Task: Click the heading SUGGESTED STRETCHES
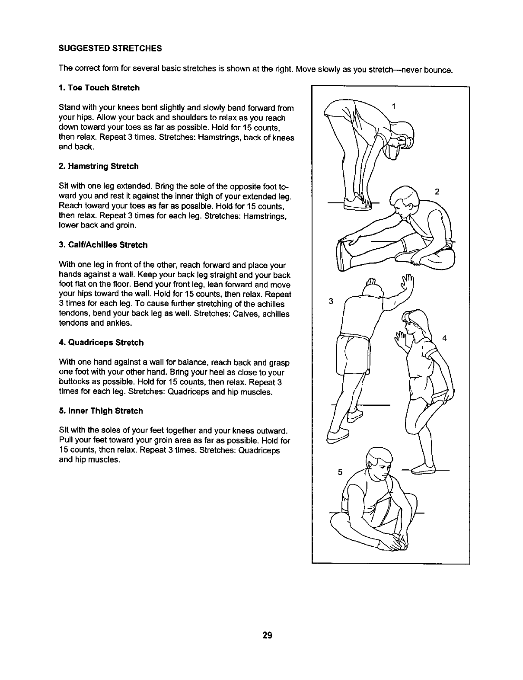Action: tap(110, 48)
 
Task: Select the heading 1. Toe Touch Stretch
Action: tap(99, 88)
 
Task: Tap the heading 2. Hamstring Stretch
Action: tap(99, 166)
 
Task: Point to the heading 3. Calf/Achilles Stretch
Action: tap(103, 245)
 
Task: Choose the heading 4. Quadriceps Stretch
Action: tap(101, 343)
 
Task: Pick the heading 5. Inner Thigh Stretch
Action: tap(100, 411)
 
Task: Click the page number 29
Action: tap(267, 635)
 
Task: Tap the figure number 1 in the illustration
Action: tap(393, 106)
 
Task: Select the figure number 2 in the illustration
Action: tap(437, 192)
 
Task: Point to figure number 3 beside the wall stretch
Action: tap(331, 301)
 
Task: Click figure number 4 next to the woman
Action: tap(444, 338)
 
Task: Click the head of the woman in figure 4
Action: tap(415, 322)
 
